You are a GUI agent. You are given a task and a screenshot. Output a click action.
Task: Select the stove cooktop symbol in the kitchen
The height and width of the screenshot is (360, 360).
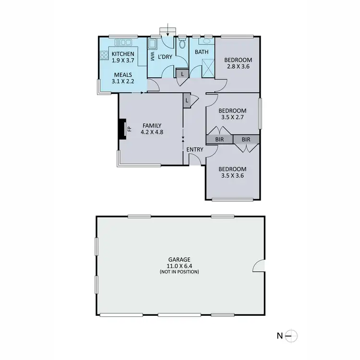[105, 55]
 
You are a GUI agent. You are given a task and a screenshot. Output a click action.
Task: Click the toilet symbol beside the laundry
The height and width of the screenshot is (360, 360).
[182, 46]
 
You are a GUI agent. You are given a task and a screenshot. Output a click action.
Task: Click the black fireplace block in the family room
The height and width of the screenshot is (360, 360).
[123, 129]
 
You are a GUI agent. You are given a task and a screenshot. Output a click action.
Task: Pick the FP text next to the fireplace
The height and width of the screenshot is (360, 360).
[129, 129]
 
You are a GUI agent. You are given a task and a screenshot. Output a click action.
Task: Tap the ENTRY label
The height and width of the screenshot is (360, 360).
[195, 150]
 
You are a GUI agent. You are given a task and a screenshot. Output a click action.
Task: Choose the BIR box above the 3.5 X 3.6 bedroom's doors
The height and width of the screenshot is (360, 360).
[246, 140]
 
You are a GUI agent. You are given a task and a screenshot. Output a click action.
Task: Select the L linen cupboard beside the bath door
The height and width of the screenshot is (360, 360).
[182, 74]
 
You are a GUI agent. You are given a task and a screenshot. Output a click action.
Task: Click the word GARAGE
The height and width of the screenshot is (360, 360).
[180, 260]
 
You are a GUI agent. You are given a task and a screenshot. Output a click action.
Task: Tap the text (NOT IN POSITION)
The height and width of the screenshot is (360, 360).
[180, 272]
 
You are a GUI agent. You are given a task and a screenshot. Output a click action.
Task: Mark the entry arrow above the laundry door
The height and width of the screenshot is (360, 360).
[167, 30]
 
